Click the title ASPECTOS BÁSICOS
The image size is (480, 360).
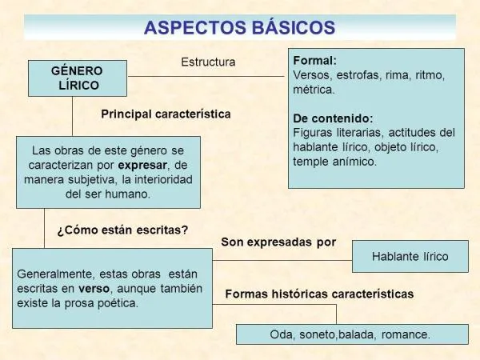coord(240,26)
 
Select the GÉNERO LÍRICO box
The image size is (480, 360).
coord(78,77)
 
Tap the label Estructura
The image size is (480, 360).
coord(208,62)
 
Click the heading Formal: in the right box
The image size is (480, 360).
coord(315,61)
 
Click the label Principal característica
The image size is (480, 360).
coord(166,114)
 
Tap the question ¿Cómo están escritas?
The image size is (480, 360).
coord(122,230)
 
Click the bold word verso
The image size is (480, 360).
coord(94,288)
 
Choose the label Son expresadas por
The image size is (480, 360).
coord(278,242)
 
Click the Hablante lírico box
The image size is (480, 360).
coord(410,257)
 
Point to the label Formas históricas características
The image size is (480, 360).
coord(319,294)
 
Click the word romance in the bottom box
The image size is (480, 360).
coord(406,334)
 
